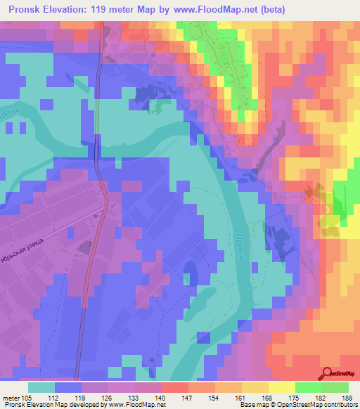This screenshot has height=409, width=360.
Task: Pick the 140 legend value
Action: coord(161,396)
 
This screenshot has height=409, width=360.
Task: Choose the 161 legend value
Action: coord(240,396)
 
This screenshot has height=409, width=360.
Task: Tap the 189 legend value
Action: coord(345,396)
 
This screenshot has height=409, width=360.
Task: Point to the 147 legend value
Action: coord(187,396)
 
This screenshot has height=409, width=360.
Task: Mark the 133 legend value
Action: coord(134,396)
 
